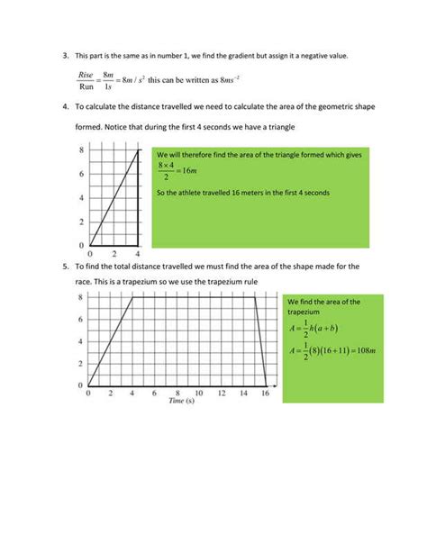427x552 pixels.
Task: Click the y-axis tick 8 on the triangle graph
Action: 81,150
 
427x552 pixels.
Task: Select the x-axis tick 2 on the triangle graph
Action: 114,254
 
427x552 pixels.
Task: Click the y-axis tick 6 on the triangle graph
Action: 81,174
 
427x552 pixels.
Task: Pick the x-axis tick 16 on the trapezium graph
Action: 265,394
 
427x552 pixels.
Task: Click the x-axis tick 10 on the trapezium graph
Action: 199,394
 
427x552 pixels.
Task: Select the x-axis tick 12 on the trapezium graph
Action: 221,394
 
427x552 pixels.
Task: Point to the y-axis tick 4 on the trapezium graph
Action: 81,341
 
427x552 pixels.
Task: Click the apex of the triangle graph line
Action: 138,150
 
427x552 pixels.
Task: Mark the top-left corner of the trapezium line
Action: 132,298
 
